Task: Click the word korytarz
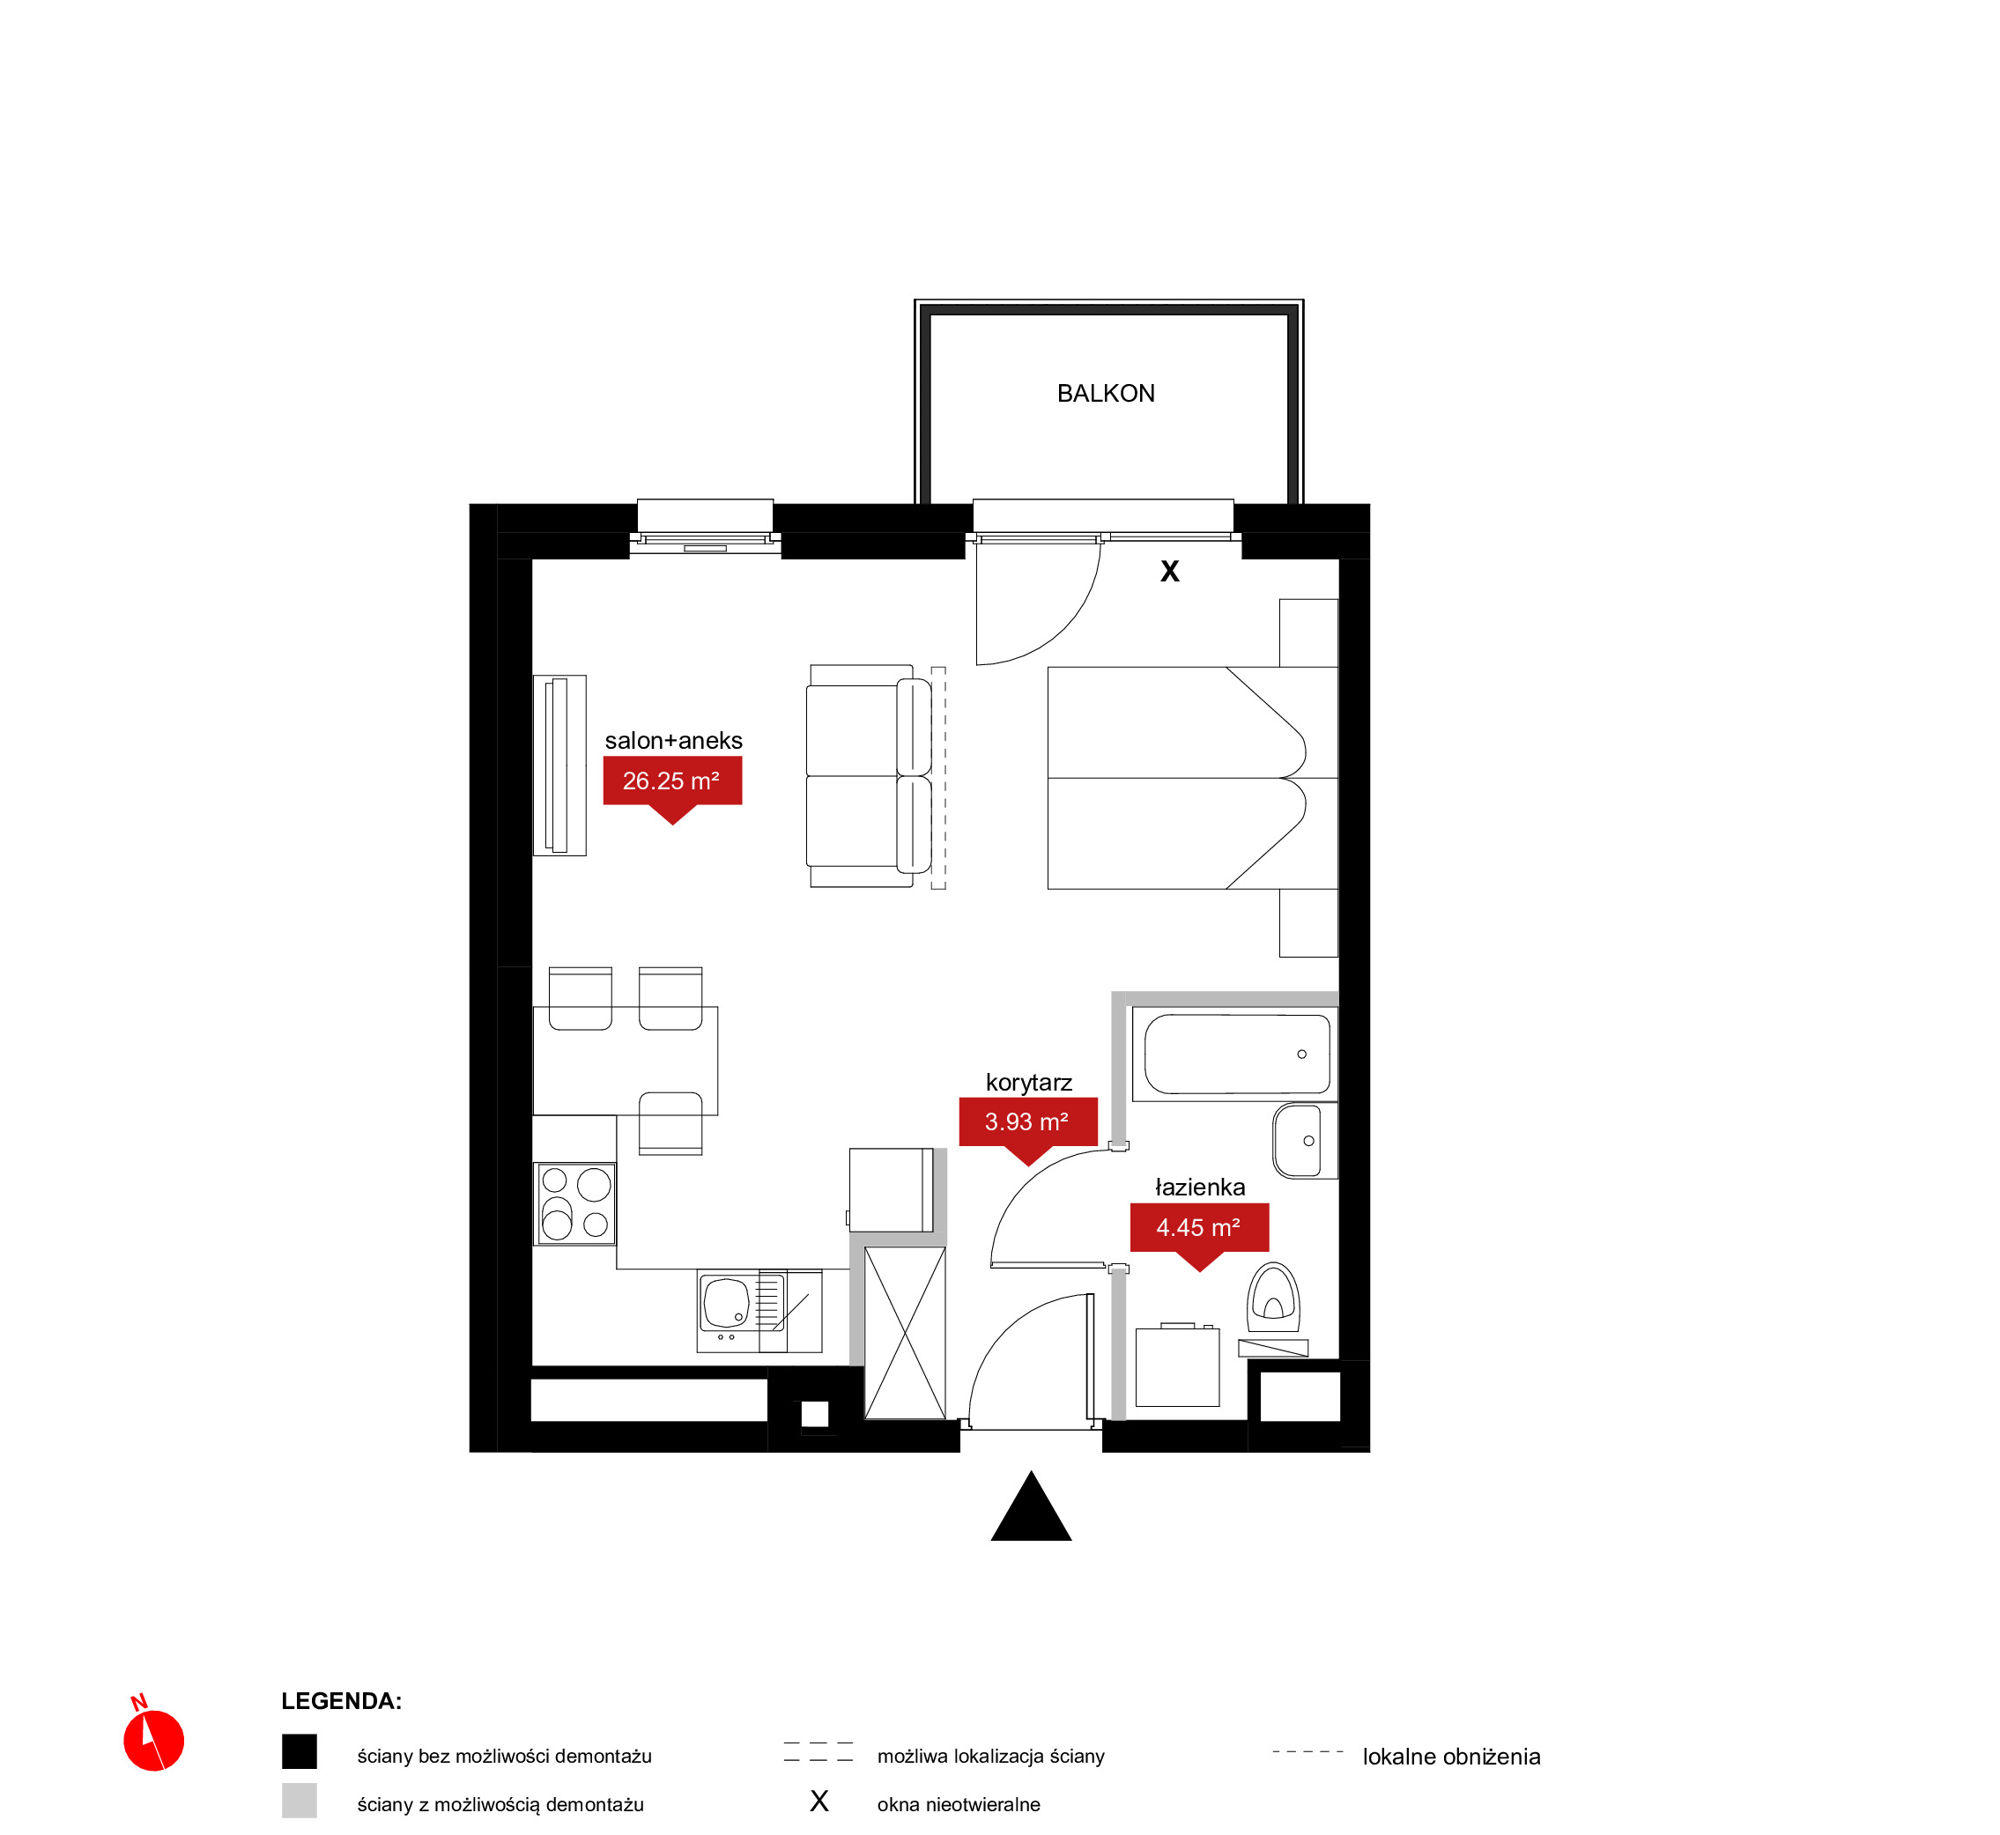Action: (x=1029, y=1084)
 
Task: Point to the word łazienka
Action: (x=1200, y=1188)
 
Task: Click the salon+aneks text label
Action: (x=673, y=741)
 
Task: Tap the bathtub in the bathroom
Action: (x=1235, y=1054)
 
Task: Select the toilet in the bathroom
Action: (x=1273, y=1299)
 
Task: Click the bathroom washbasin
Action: (x=1305, y=1140)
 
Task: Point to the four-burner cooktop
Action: (x=575, y=1204)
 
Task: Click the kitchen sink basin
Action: (x=725, y=1303)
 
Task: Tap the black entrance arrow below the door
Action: (x=1031, y=1506)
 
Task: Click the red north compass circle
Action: (x=154, y=1741)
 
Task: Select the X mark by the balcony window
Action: (x=1170, y=571)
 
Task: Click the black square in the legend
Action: (x=299, y=1751)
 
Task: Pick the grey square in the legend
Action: (x=299, y=1801)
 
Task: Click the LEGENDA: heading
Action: (x=341, y=1701)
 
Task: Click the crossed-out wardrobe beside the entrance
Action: (x=905, y=1333)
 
